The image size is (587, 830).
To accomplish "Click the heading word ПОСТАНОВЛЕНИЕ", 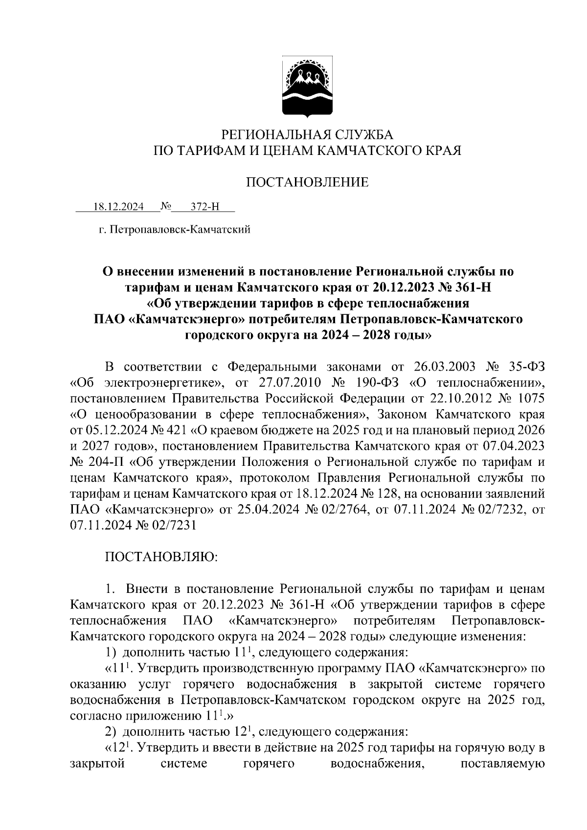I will [x=307, y=182].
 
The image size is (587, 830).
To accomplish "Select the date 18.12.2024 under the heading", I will [x=119, y=207].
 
